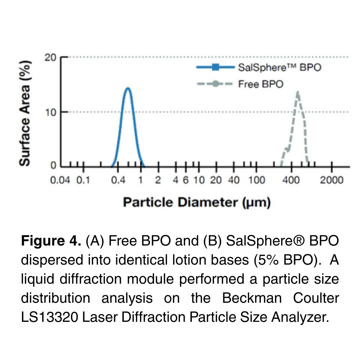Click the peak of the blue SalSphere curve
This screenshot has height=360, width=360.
[x=127, y=88]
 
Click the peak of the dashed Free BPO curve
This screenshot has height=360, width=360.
[x=298, y=93]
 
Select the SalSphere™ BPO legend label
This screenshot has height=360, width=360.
[x=279, y=67]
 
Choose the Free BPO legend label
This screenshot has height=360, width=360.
[x=261, y=84]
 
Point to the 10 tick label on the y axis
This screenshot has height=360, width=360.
[x=50, y=112]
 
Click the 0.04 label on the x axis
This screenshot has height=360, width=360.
[x=59, y=180]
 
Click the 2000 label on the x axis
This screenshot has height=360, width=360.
[x=332, y=180]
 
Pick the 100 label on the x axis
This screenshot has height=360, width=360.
[x=257, y=180]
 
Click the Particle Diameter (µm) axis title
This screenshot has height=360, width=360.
[x=197, y=203]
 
